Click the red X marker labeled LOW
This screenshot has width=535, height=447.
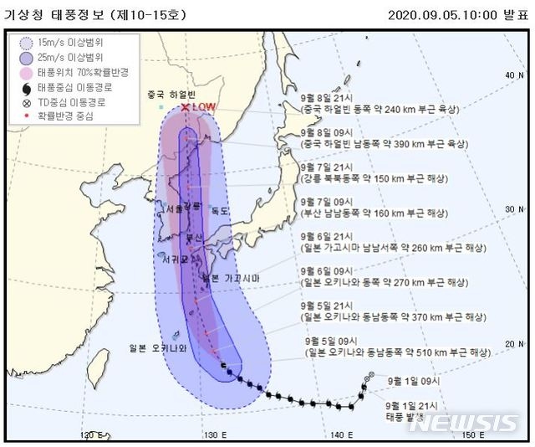[186, 107]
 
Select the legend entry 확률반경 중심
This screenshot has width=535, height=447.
[63, 116]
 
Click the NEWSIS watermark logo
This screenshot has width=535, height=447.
[463, 423]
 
